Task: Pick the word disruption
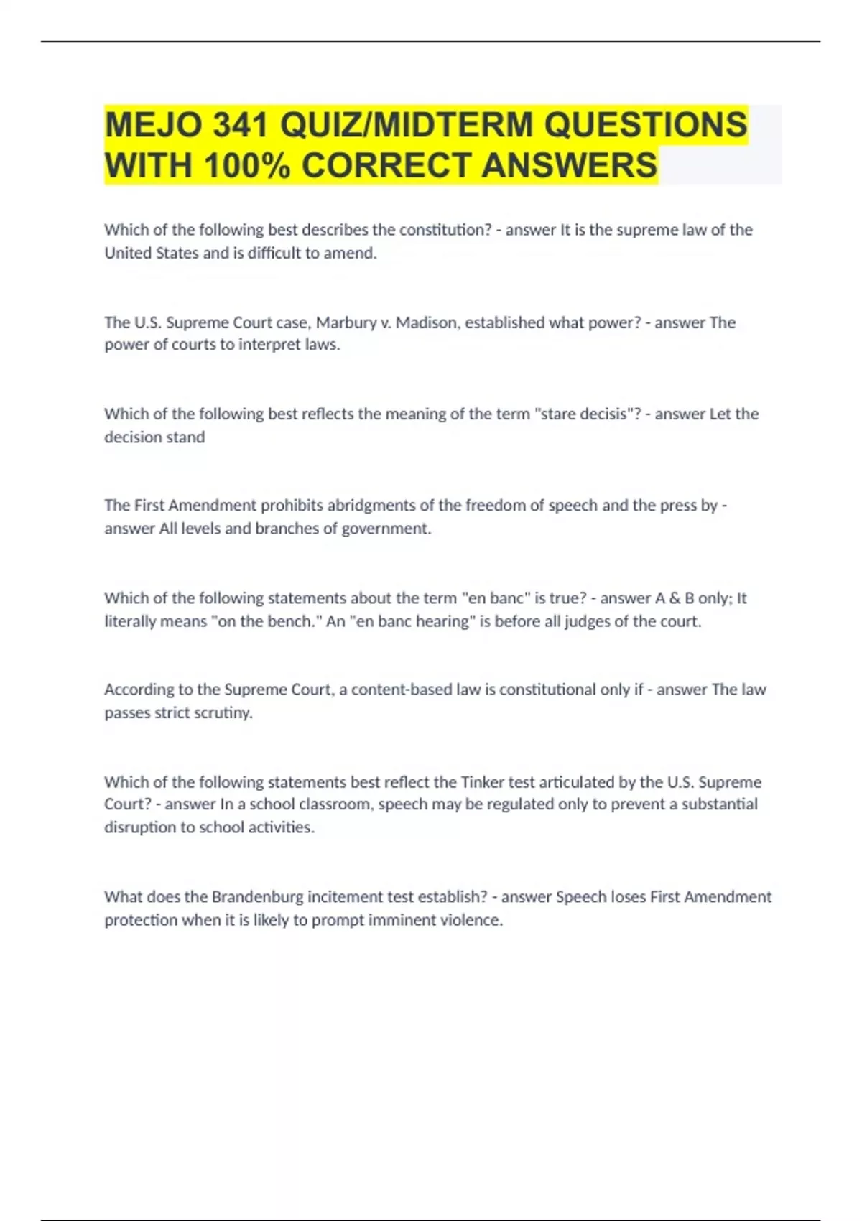140,827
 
